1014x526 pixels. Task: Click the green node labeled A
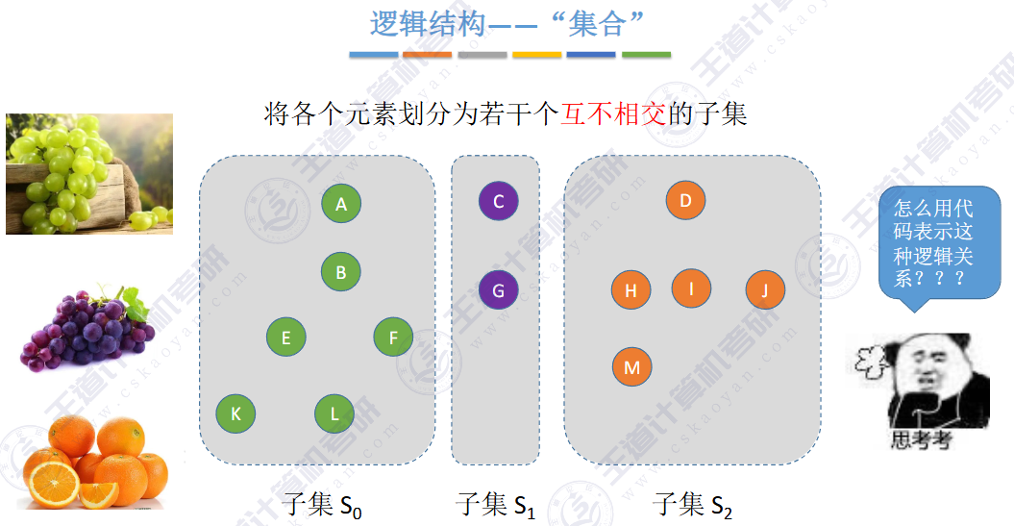point(341,203)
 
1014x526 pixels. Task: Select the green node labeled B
point(341,272)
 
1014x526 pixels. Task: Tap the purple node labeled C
point(498,202)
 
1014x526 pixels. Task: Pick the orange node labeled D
point(685,201)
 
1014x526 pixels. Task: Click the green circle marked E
point(286,338)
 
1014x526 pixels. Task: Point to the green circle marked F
point(393,338)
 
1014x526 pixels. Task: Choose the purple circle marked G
point(498,289)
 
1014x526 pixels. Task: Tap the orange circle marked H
point(631,290)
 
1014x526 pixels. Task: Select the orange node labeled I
point(691,288)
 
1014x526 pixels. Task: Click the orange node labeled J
point(765,290)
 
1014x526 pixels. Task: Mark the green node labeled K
point(235,414)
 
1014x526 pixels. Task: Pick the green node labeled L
point(334,414)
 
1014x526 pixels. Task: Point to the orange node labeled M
point(631,367)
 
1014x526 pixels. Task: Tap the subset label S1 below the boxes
point(495,505)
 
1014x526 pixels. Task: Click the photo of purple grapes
point(87,327)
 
